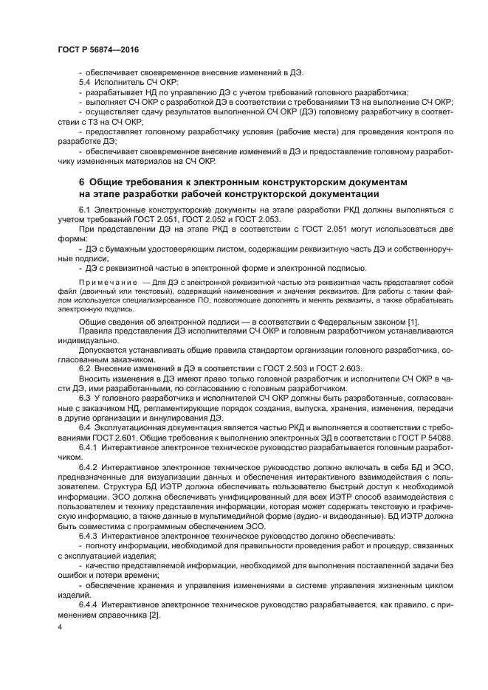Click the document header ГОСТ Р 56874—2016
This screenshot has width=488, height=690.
pyautogui.click(x=97, y=49)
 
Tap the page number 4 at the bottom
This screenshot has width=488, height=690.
pyautogui.click(x=61, y=627)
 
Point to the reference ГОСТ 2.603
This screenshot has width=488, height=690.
pyautogui.click(x=337, y=368)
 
